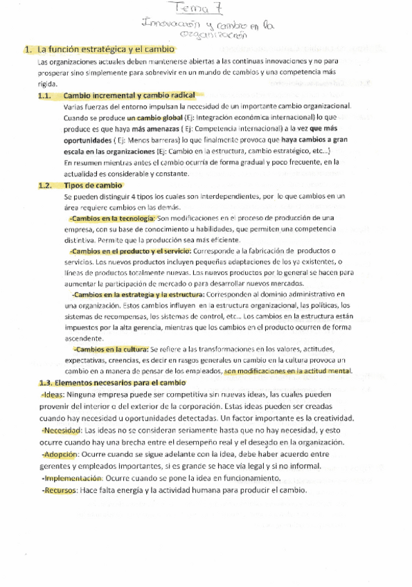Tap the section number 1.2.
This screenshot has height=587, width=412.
(x=46, y=186)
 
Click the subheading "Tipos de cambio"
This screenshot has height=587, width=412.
(x=93, y=186)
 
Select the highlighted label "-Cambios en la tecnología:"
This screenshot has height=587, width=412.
(x=112, y=218)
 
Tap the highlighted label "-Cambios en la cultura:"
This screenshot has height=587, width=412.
(x=111, y=349)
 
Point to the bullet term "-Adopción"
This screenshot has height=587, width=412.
(x=59, y=454)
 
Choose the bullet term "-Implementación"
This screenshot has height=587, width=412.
(x=72, y=478)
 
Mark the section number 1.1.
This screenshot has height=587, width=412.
(x=46, y=96)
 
